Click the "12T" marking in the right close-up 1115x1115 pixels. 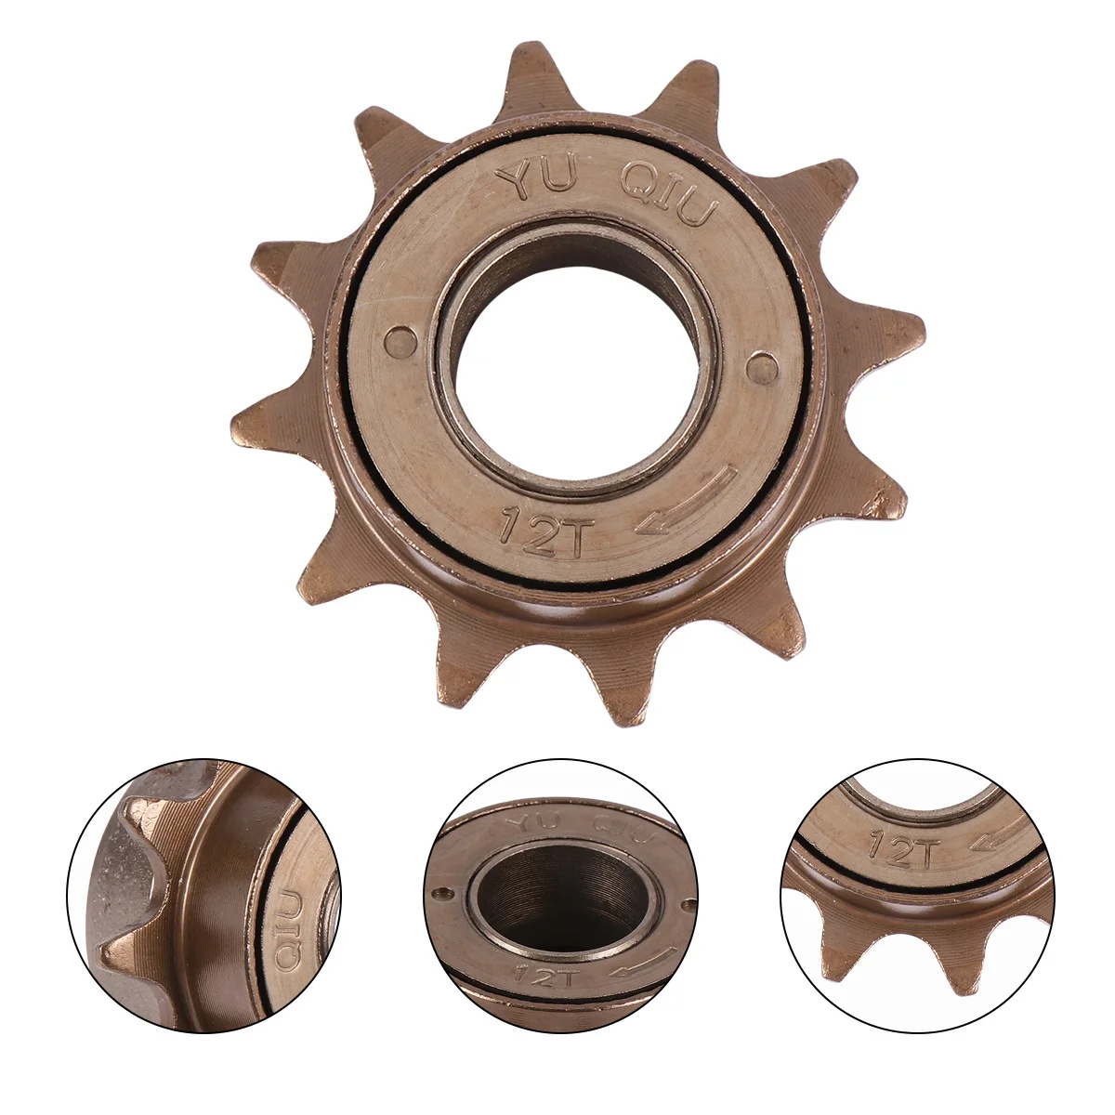coord(892,846)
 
